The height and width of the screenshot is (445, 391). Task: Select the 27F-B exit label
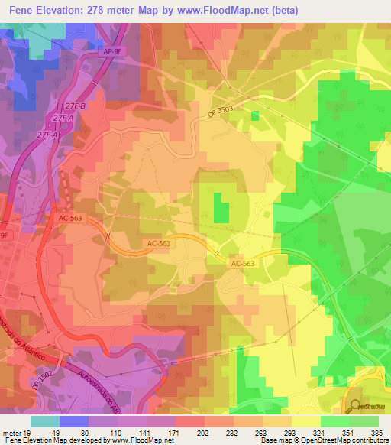pos(74,106)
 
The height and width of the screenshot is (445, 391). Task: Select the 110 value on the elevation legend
pos(118,434)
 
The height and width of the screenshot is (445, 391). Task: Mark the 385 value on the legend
pos(376,434)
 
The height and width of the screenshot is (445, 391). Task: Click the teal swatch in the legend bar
pos(45,421)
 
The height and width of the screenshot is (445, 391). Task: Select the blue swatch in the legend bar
pos(74,421)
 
